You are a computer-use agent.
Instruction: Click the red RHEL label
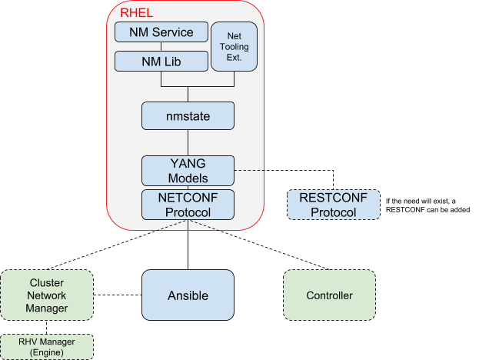137,12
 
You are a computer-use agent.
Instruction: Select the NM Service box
161,32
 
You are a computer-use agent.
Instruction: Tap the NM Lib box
161,62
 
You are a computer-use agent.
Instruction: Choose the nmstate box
188,115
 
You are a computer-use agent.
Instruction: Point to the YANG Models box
188,169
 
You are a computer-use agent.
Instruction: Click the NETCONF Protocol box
188,205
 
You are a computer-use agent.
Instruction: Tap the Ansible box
188,295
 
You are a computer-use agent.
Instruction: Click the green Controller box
329,295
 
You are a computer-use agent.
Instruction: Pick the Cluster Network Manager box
47,295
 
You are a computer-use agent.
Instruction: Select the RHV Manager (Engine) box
47,346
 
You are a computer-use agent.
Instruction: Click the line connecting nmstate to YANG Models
188,142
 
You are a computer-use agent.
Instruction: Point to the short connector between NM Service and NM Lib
161,47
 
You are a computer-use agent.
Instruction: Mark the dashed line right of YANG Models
249,169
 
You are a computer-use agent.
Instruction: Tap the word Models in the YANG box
188,178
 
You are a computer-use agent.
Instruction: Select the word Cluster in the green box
47,283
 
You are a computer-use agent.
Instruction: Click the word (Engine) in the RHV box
47,352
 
